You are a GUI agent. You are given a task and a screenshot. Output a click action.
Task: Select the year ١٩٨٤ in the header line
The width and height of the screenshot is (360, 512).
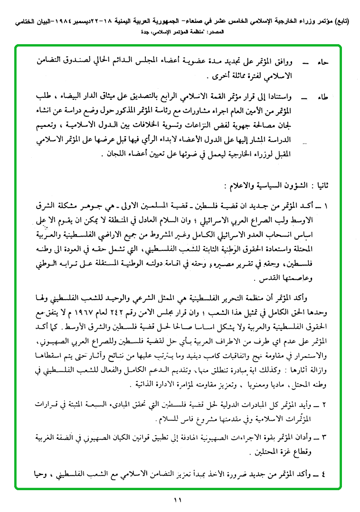[76, 22]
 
